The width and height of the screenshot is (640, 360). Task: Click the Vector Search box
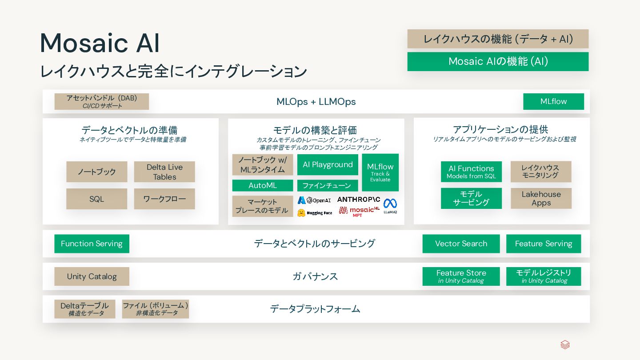461,244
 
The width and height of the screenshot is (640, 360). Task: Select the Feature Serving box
543,244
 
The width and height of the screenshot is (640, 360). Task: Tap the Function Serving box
92,244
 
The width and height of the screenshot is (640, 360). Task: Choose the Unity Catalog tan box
92,276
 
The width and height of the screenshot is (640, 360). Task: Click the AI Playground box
328,164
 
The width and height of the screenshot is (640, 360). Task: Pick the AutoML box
262,185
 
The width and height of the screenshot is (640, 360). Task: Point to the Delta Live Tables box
164,172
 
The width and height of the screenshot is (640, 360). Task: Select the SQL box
96,199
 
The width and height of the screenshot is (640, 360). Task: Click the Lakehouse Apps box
541,198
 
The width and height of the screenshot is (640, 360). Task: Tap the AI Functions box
471,172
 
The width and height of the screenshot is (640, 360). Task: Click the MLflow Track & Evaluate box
380,172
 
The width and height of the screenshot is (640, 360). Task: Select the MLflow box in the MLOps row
553,101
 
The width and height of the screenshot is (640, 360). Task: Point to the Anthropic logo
358,200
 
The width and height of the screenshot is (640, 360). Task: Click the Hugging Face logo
315,213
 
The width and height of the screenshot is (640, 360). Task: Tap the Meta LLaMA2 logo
390,206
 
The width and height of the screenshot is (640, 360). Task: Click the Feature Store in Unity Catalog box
461,276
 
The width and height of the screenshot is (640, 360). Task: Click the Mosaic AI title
100,44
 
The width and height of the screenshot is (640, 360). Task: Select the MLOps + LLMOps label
316,102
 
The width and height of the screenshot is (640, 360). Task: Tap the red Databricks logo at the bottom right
565,345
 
